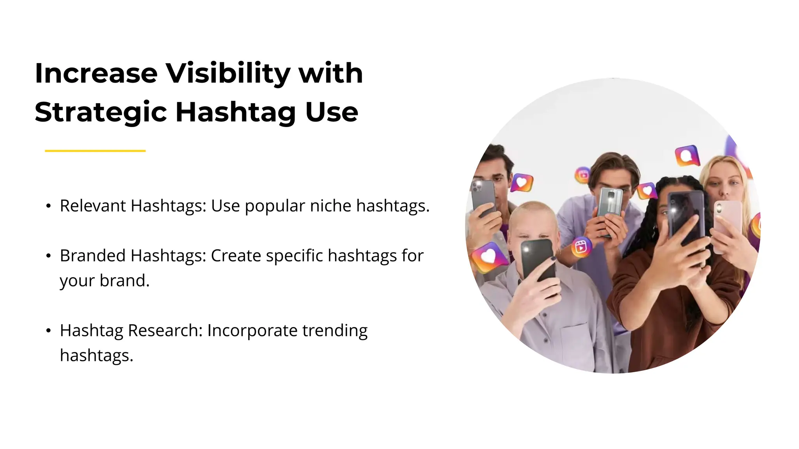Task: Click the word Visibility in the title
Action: [228, 73]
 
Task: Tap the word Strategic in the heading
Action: [101, 112]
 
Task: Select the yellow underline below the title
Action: [95, 150]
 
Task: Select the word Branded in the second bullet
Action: [92, 256]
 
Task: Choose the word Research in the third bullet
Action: [165, 331]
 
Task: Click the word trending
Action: [335, 331]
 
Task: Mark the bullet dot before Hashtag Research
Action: [48, 331]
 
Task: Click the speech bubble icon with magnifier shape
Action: [687, 156]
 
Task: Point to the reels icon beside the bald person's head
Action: [581, 247]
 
